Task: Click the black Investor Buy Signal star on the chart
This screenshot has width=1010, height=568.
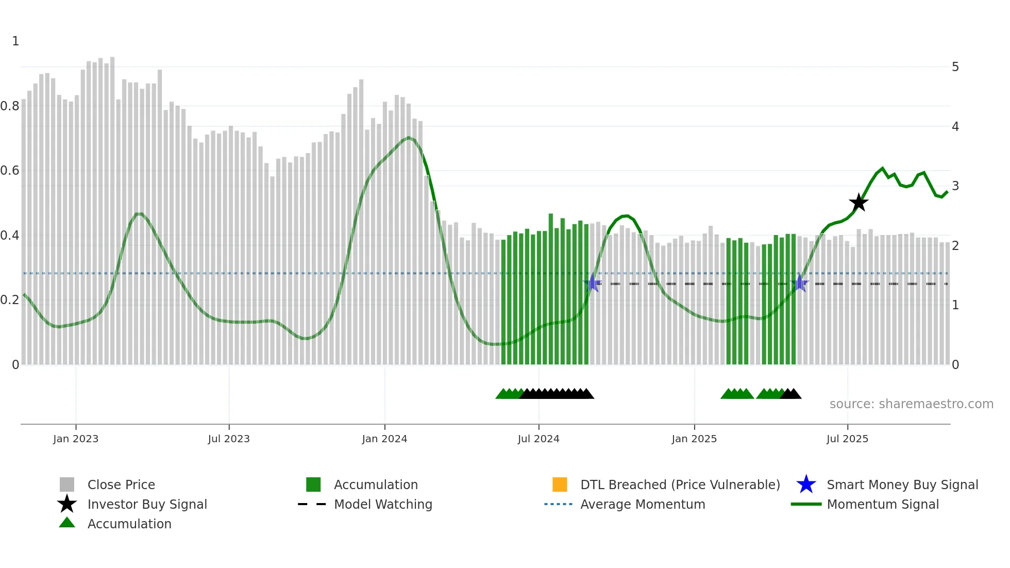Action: point(858,203)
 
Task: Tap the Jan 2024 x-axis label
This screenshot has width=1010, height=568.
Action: point(384,439)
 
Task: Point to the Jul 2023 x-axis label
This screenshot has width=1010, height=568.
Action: point(229,439)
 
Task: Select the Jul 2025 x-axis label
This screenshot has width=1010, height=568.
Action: point(847,439)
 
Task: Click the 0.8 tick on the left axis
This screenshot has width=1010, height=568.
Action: point(10,106)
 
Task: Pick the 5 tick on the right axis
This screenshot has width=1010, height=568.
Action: point(955,67)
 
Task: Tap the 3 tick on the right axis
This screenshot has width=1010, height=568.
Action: point(955,186)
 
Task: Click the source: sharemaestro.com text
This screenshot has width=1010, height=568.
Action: point(911,404)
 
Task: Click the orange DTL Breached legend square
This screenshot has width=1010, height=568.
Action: point(560,485)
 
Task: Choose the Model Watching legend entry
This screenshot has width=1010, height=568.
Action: point(382,504)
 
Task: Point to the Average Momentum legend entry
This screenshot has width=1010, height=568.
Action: point(642,504)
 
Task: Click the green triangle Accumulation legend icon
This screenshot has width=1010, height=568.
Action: point(67,523)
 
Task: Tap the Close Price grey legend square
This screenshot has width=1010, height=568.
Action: point(67,485)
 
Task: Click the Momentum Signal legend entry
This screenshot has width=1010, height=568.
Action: point(882,504)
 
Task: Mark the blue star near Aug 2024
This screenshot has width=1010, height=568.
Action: point(593,283)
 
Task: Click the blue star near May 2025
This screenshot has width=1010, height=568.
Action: point(800,283)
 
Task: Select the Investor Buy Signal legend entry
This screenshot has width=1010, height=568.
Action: point(147,504)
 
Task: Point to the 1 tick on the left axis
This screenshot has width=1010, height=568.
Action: point(15,41)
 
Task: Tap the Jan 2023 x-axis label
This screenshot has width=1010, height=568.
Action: point(76,439)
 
